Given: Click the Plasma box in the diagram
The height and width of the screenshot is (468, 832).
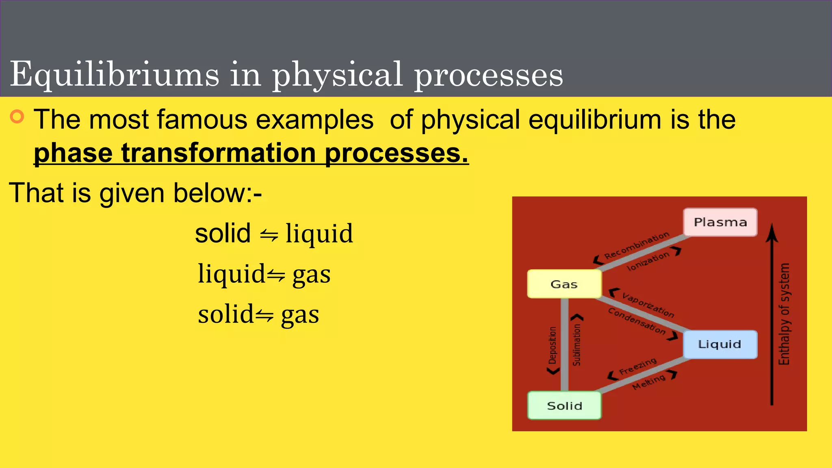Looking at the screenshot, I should tap(720, 222).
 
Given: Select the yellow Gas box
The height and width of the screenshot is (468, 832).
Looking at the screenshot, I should tap(564, 284).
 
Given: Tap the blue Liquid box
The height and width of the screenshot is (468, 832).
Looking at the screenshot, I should tap(720, 344).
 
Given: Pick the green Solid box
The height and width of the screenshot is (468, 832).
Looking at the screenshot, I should tap(564, 405).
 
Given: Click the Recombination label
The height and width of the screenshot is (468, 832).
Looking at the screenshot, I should tap(636, 245).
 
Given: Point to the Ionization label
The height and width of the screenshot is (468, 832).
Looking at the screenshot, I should tap(648, 261).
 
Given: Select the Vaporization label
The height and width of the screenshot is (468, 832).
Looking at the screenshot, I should tap(648, 305).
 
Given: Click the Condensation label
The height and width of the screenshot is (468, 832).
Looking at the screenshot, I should tap(637, 321).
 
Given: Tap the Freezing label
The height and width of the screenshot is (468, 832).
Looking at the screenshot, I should tap(637, 366).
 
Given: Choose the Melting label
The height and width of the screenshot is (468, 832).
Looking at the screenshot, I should tap(649, 382).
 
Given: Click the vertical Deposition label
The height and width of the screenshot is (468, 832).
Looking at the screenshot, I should tap(552, 345).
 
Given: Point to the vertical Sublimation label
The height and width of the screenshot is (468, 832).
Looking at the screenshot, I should tap(577, 344).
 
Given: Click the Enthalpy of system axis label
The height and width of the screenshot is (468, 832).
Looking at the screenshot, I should tap(784, 314).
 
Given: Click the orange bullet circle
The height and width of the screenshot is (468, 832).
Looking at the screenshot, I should tap(17, 117).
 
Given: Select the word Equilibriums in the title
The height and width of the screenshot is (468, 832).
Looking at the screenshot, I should tap(114, 74).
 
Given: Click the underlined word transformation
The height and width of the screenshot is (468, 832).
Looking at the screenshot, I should tap(219, 153).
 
